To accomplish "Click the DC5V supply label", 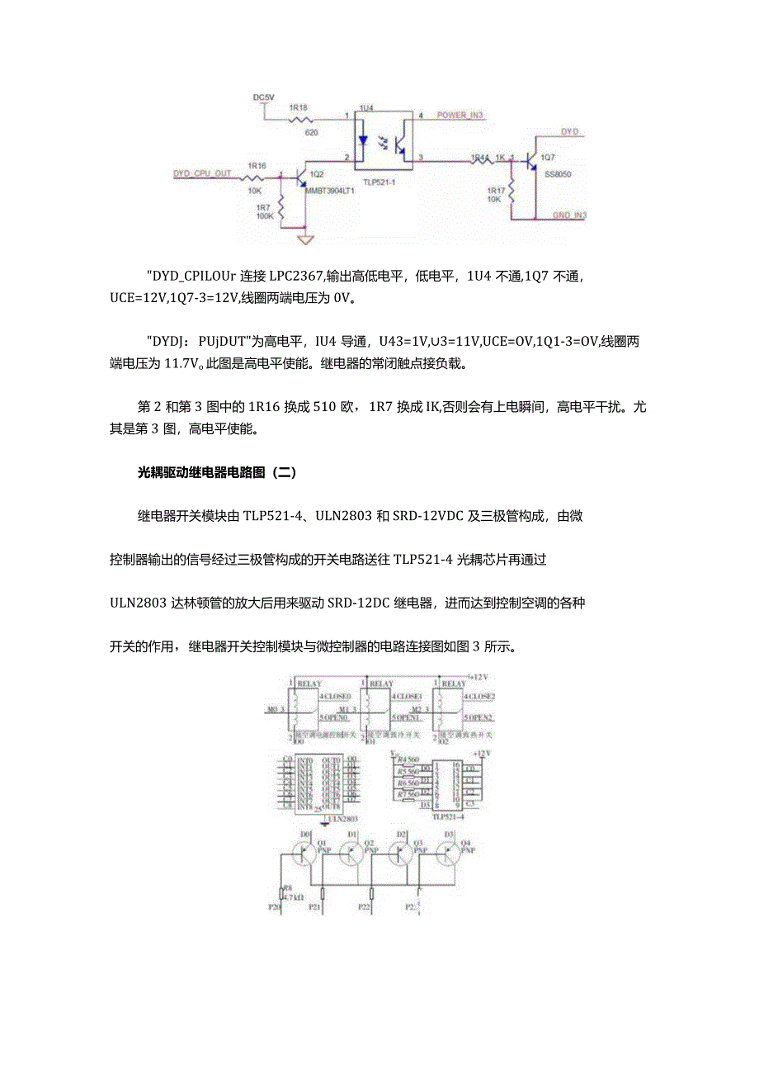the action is pos(263,97).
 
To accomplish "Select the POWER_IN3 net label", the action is pos(460,116).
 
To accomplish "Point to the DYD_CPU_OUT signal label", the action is pos(202,173).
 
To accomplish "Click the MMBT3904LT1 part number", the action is pos(330,189).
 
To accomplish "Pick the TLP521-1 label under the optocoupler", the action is pos(379,183).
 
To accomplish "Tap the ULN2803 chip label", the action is pos(342,819).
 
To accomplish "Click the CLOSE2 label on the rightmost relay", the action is pos(480,696).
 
